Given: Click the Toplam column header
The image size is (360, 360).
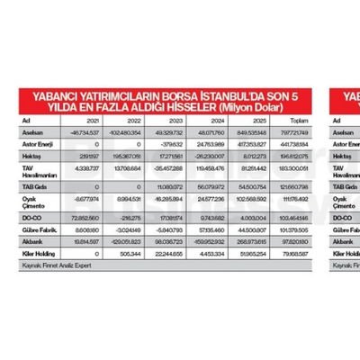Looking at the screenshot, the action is (313, 119).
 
